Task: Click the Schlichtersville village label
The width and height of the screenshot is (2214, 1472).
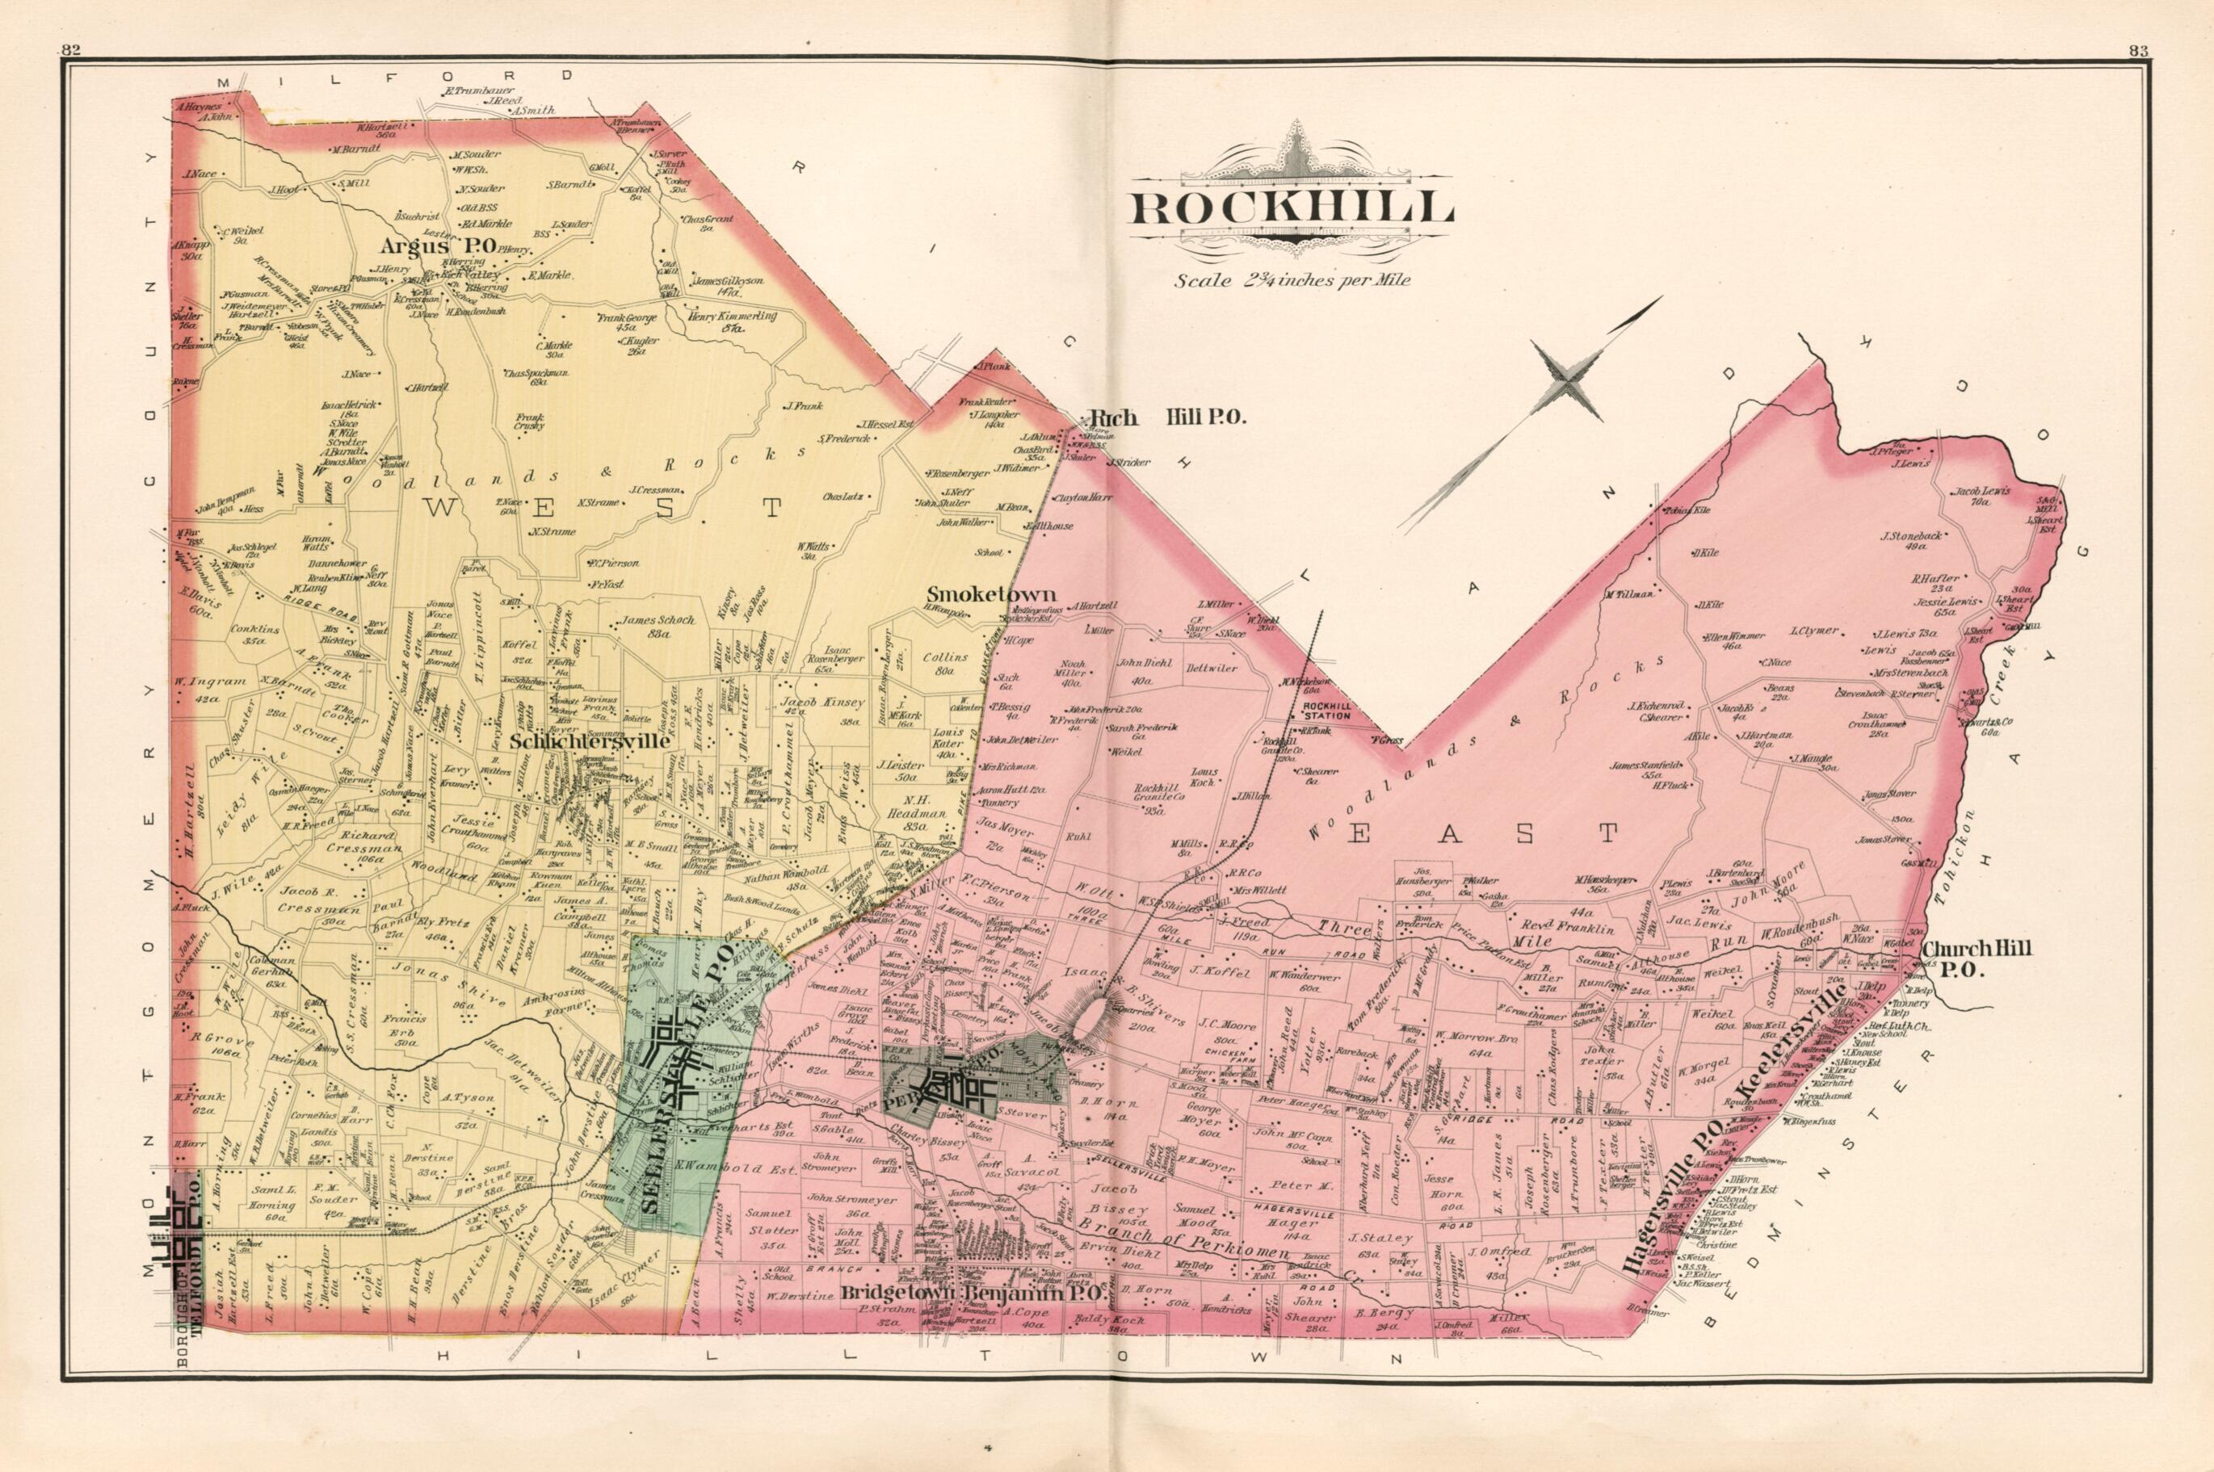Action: point(590,740)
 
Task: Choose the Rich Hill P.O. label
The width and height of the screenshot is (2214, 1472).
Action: point(1164,417)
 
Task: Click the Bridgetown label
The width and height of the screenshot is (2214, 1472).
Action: point(900,1318)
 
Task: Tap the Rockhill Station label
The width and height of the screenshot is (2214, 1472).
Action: point(1325,711)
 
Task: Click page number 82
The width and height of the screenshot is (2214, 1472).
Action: point(71,52)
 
